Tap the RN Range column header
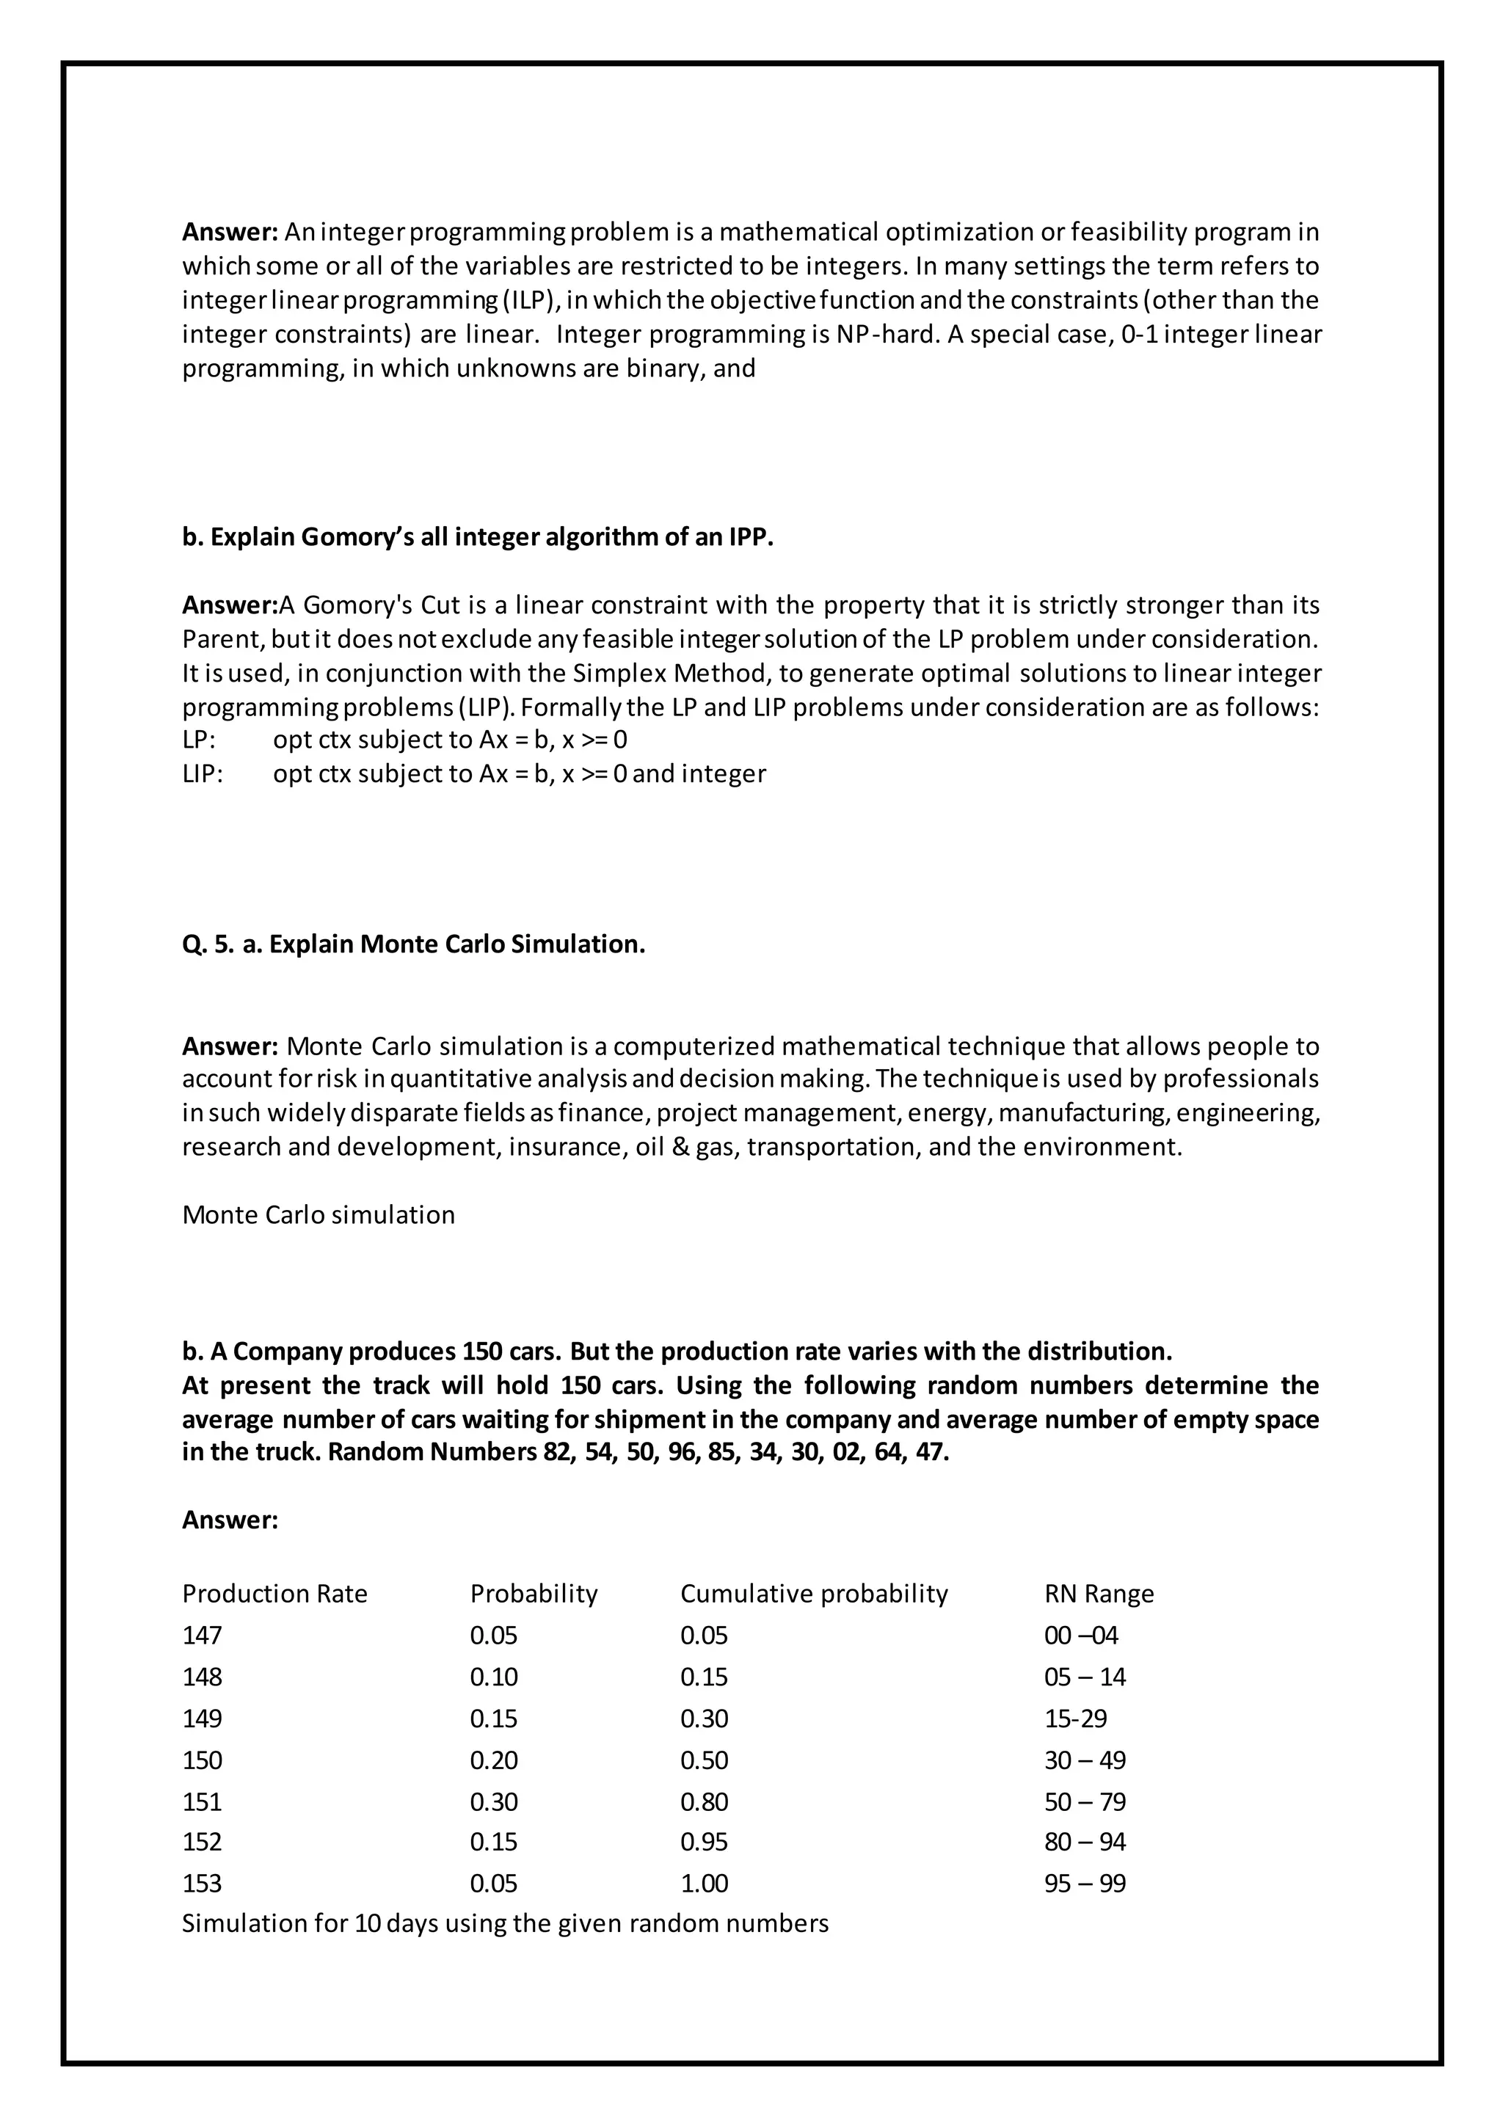click(1099, 1594)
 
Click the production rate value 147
click(202, 1636)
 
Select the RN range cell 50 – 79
click(1085, 1801)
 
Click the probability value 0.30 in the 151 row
click(493, 1801)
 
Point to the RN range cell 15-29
click(1074, 1718)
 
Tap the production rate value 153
click(202, 1884)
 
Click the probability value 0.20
click(493, 1760)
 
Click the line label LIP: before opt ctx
click(203, 773)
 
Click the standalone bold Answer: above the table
click(230, 1520)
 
